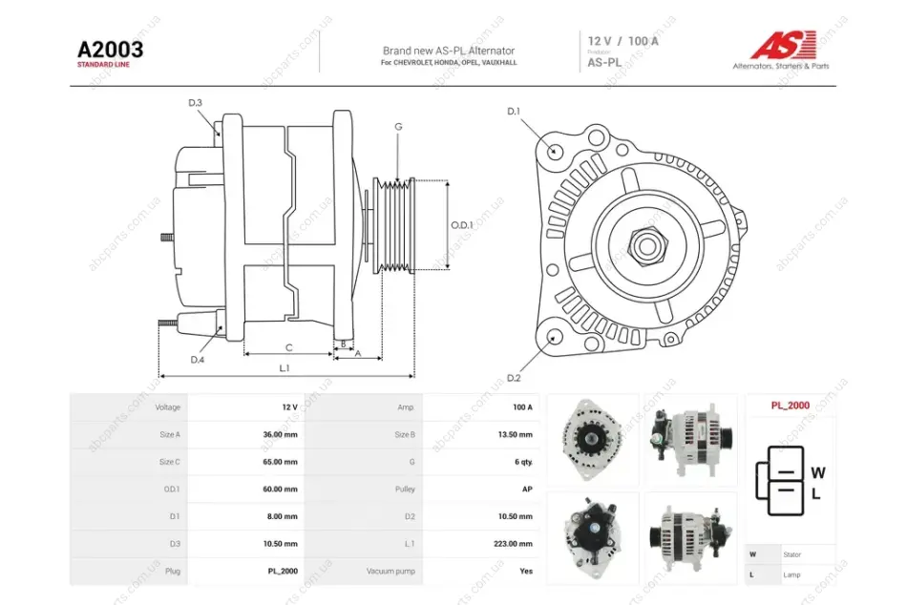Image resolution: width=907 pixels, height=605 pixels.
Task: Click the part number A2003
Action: click(x=111, y=50)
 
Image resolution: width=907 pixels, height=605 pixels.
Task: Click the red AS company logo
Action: click(x=783, y=45)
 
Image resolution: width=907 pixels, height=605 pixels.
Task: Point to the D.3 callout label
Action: click(x=195, y=103)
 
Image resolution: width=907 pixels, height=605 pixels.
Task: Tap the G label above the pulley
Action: click(x=398, y=127)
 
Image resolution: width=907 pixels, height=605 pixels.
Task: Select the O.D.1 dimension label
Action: click(x=462, y=225)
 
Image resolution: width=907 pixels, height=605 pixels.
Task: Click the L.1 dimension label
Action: click(x=284, y=367)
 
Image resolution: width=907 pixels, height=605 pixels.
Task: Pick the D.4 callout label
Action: click(x=198, y=360)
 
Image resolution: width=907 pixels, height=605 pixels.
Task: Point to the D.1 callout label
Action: click(x=514, y=111)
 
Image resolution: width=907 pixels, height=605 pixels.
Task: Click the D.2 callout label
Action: click(x=514, y=378)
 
